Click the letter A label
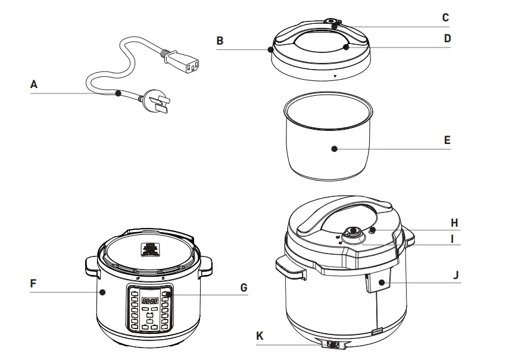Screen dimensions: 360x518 [x=34, y=84]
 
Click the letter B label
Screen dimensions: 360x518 [x=220, y=41]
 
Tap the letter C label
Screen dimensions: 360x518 [x=445, y=17]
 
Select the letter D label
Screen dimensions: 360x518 [x=447, y=39]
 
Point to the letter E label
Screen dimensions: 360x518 [x=447, y=141]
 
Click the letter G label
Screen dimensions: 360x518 [x=243, y=287]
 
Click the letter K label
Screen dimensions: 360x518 [x=259, y=336]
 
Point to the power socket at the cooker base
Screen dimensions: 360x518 [x=333, y=345]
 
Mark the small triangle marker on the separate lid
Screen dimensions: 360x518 [x=335, y=77]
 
